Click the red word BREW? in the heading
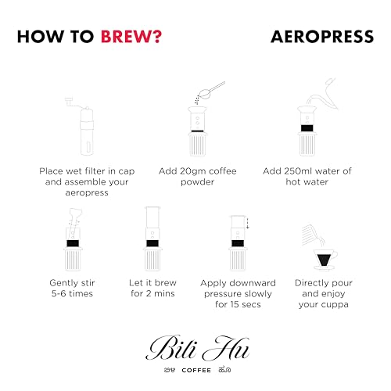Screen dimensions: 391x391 pos(131,37)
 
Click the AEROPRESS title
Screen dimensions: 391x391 pos(322,37)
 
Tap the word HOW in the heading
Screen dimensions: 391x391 pos(41,37)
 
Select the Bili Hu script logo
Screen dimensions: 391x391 pos(197,348)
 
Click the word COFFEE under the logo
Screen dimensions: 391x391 pos(196,371)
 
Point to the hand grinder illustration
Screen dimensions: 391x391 pos(84,127)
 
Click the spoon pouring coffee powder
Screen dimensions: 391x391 pos(210,91)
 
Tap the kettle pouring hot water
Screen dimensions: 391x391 pos(323,95)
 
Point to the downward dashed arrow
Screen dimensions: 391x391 pos(247,223)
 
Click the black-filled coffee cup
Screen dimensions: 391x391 pos(325,260)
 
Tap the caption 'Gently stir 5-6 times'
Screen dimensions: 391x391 pos(72,289)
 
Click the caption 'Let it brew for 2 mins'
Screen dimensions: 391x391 pos(152,288)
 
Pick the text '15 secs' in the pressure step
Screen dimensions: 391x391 pos(246,304)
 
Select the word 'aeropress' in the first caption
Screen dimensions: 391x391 pos(87,193)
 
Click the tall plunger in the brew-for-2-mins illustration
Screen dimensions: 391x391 pos(152,220)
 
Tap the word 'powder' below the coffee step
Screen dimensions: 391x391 pos(198,182)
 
